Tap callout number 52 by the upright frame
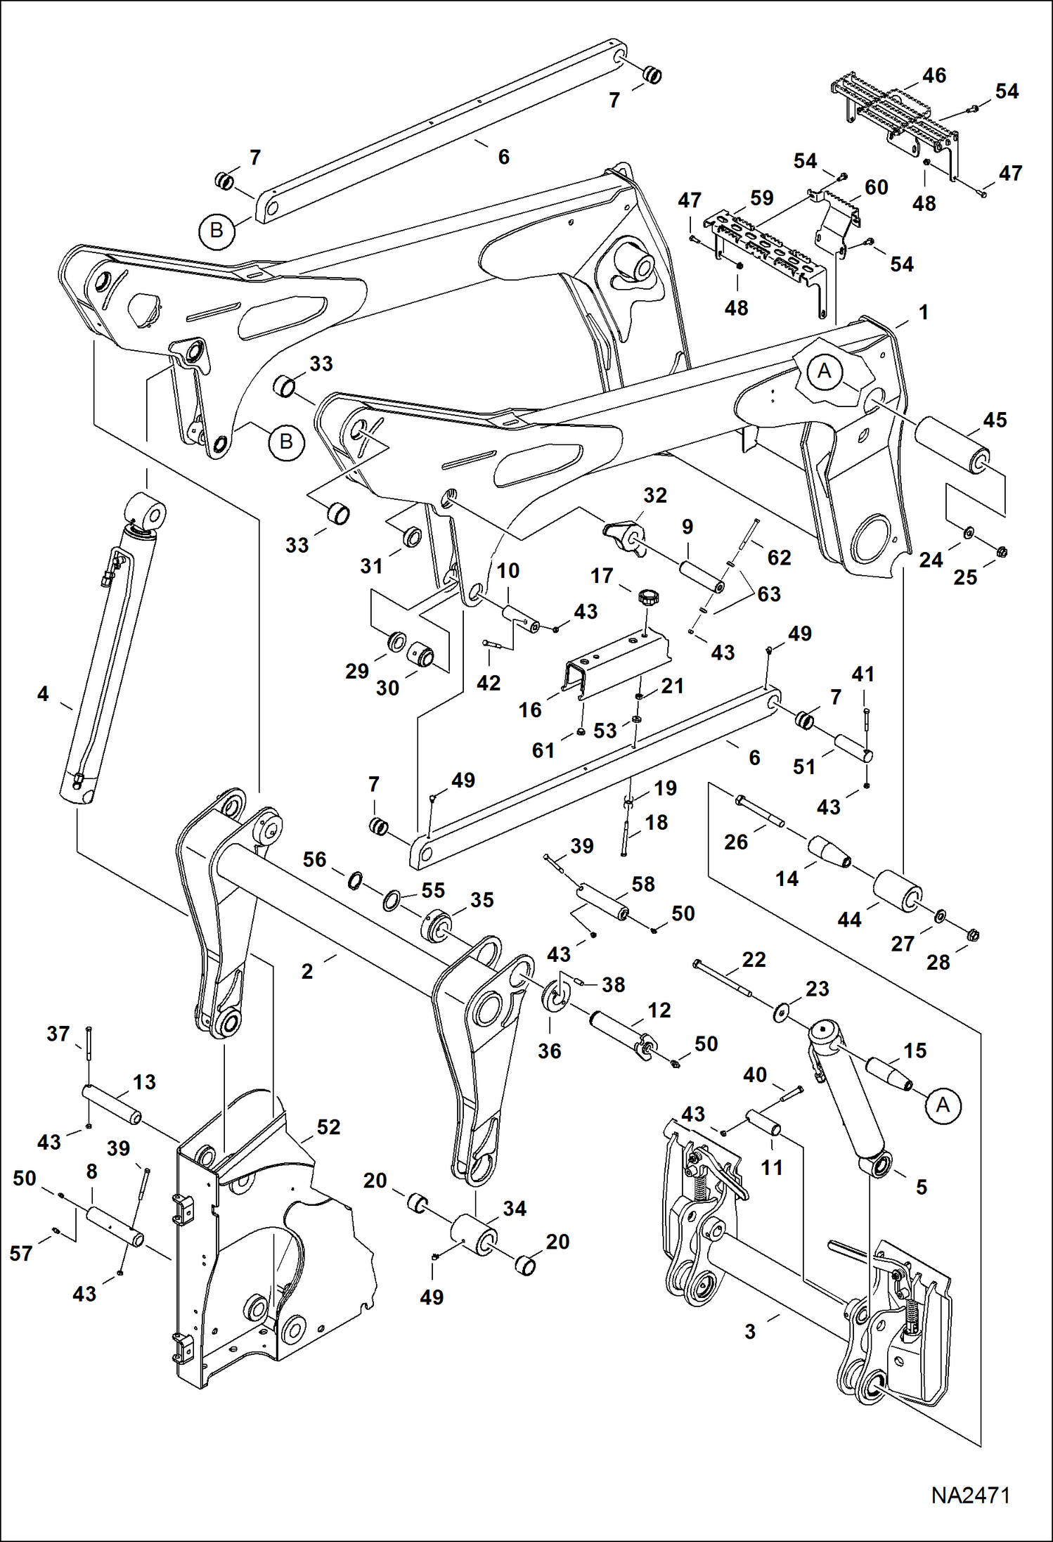click(328, 1127)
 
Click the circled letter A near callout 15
click(943, 1105)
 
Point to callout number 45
click(995, 420)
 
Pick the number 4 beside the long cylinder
click(43, 694)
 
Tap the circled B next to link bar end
click(217, 230)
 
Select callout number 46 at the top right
click(934, 75)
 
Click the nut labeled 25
click(1002, 552)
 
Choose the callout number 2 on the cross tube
click(307, 971)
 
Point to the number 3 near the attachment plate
click(750, 1332)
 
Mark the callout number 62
click(779, 558)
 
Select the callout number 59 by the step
click(761, 198)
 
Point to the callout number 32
click(654, 495)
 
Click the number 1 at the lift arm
click(924, 312)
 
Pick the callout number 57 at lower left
click(21, 1253)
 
